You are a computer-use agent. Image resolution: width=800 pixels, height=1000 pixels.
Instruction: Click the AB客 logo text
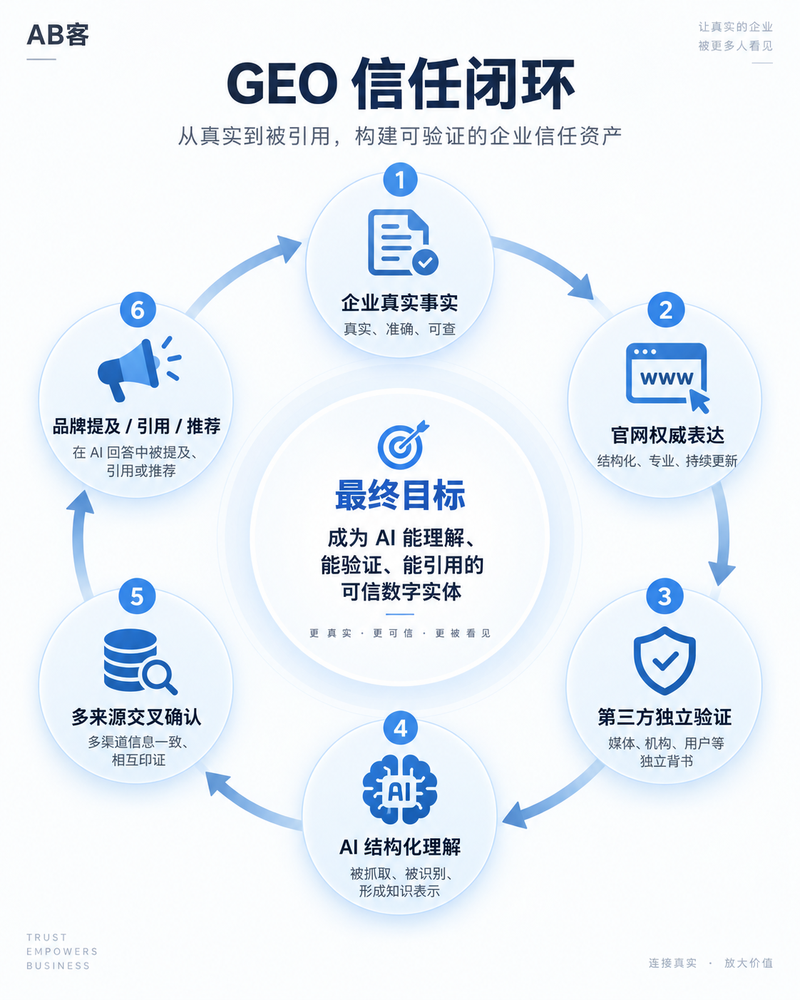point(58,35)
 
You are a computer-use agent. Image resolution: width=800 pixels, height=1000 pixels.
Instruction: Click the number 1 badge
point(400,180)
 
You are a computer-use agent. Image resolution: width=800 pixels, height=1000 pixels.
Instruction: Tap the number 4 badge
point(400,728)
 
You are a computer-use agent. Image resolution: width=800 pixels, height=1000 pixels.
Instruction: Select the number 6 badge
point(138,310)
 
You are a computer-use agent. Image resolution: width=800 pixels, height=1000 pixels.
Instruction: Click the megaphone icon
point(139,369)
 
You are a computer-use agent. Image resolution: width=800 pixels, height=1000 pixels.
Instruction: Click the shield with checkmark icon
point(665,660)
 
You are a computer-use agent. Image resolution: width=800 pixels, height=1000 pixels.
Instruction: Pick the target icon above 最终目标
point(403,444)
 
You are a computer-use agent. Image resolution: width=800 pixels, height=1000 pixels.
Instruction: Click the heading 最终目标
point(400,495)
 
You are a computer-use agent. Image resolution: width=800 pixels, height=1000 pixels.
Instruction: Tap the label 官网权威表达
point(667,435)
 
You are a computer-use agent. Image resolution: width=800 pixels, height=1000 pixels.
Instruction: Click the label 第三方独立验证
point(665,717)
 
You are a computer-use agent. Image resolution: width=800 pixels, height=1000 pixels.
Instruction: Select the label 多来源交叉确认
point(136,717)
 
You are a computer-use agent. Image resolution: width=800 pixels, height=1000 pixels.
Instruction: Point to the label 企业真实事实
point(399,303)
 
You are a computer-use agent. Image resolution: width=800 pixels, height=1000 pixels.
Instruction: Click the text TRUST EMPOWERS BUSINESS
point(62,951)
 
